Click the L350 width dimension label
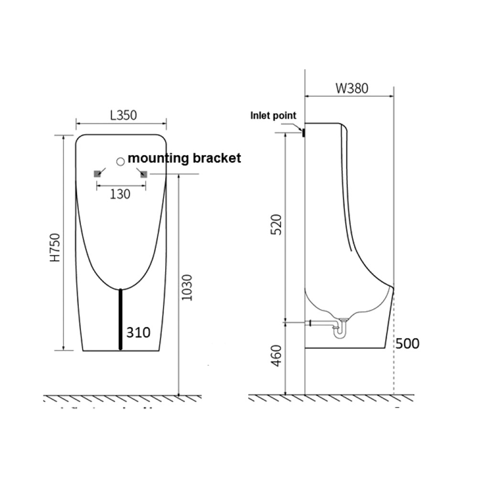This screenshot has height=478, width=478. point(124,115)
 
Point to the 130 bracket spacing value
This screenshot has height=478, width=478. point(119,194)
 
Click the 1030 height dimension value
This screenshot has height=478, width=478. point(187,287)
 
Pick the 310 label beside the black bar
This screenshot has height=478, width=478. point(138,332)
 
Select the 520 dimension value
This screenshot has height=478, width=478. point(277,224)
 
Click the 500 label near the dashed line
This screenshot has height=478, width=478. point(407,343)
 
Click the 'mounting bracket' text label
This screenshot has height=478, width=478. point(184,158)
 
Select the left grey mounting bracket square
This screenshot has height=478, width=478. point(98,174)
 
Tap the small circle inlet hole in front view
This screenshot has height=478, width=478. point(120,161)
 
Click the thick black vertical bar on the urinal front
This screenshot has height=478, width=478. point(120,319)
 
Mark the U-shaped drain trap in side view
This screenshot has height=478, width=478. point(340,330)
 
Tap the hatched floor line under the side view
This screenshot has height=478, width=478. point(330,398)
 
